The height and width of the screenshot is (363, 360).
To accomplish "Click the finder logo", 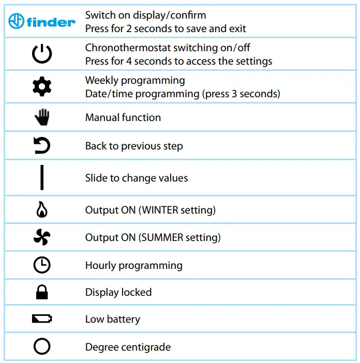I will (x=42, y=22).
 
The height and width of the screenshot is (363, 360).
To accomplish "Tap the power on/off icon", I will (x=42, y=54).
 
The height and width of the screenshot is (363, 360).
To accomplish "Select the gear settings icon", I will (x=42, y=87).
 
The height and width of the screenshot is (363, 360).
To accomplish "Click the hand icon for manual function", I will (x=42, y=117).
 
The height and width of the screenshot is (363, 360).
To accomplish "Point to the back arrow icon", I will (x=42, y=146).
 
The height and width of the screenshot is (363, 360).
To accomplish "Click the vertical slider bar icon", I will (x=42, y=178).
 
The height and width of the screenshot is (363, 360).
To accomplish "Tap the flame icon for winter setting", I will (x=42, y=210).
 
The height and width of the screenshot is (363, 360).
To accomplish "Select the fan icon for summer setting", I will (x=42, y=237).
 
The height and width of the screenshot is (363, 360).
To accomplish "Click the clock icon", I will (x=42, y=265).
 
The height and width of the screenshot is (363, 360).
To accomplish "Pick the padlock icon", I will (x=42, y=292).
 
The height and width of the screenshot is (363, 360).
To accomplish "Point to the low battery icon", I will (x=42, y=319).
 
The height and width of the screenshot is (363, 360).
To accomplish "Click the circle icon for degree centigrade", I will (x=42, y=346).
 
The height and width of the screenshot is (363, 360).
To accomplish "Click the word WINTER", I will (x=160, y=210).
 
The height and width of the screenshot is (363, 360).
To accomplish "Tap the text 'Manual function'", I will (x=123, y=117).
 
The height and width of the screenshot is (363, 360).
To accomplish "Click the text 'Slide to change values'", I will (x=137, y=178).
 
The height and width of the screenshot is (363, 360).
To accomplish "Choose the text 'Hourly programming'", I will (x=134, y=265).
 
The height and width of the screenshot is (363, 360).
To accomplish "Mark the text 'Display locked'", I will (x=118, y=292).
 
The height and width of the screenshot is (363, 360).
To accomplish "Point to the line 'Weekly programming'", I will (x=135, y=80).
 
